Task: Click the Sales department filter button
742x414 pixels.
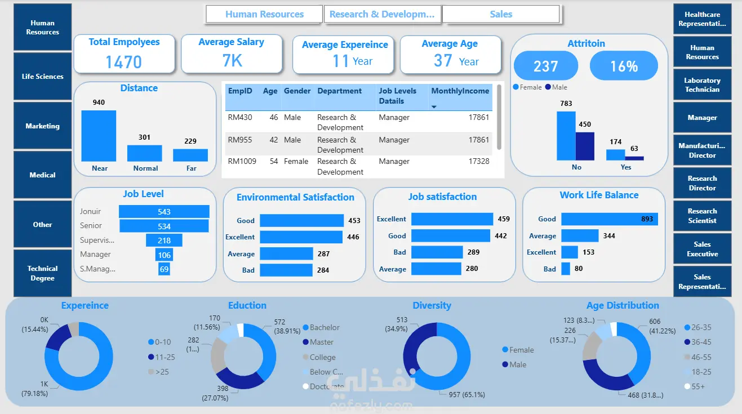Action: (501, 14)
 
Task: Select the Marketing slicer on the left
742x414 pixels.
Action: (43, 126)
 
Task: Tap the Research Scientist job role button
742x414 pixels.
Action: (702, 216)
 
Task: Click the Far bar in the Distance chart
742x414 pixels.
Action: (190, 155)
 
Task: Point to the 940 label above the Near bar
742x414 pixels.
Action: (99, 103)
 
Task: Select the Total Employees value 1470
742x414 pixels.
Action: (124, 61)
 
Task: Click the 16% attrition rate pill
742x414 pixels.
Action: (624, 66)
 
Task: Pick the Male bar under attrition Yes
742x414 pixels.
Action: (634, 158)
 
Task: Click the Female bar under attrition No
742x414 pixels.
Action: (566, 136)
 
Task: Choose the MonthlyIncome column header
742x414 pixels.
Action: (460, 91)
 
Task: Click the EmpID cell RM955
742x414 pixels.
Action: (240, 140)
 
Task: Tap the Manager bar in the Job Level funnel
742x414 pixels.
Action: (164, 255)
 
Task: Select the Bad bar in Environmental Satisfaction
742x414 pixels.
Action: (286, 270)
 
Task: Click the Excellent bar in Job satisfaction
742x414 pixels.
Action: (452, 219)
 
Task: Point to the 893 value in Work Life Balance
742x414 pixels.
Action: (647, 219)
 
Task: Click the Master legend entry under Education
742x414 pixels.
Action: (321, 342)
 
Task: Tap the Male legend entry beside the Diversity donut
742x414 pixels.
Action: (517, 364)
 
